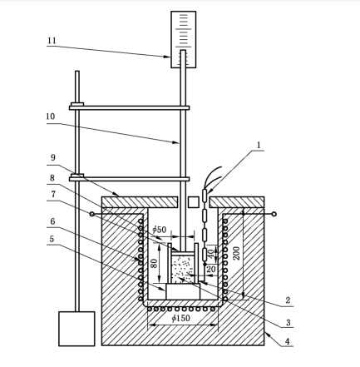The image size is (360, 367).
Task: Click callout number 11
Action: (52, 41)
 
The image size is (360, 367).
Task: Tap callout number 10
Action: (51, 117)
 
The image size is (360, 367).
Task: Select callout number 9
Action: (52, 157)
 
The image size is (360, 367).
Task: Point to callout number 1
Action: (259, 145)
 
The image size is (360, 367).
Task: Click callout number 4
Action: (288, 341)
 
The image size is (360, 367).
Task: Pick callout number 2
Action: (288, 300)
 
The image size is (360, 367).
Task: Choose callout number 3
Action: (288, 322)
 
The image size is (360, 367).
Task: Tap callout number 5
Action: (52, 239)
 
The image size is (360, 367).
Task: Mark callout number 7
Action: (52, 194)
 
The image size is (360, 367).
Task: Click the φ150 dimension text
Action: (180, 318)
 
